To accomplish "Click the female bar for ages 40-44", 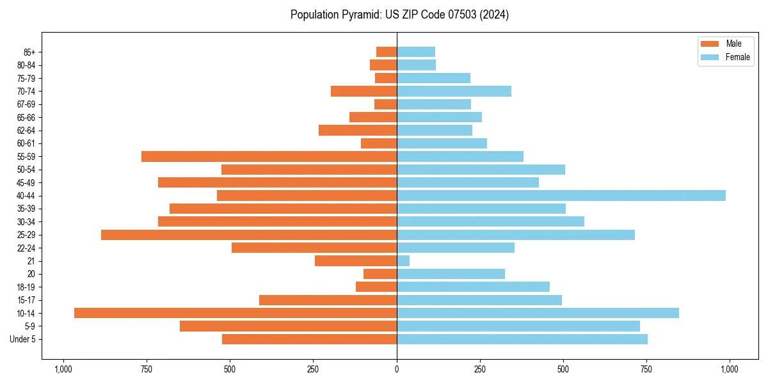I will click(x=561, y=195).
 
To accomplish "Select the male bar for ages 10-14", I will click(x=236, y=313).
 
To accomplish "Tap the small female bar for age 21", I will click(x=403, y=260).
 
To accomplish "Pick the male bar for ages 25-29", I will click(x=249, y=235).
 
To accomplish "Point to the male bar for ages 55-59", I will click(x=269, y=156).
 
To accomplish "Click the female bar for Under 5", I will click(x=522, y=339).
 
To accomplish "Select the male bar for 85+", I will click(x=387, y=52).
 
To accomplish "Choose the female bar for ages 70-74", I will click(x=454, y=91).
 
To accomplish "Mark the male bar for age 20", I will click(x=380, y=274).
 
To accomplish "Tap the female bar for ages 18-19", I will click(x=473, y=287).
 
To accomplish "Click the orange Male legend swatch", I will click(x=710, y=44).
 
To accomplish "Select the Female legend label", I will click(x=737, y=57).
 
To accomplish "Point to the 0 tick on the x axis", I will click(x=397, y=369).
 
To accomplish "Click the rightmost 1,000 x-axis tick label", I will click(x=729, y=369).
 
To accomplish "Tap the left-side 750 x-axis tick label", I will click(x=146, y=369).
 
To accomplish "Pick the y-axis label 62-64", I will click(x=26, y=131).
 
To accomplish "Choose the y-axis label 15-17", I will click(x=26, y=300).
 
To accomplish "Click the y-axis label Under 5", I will click(x=23, y=339).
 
